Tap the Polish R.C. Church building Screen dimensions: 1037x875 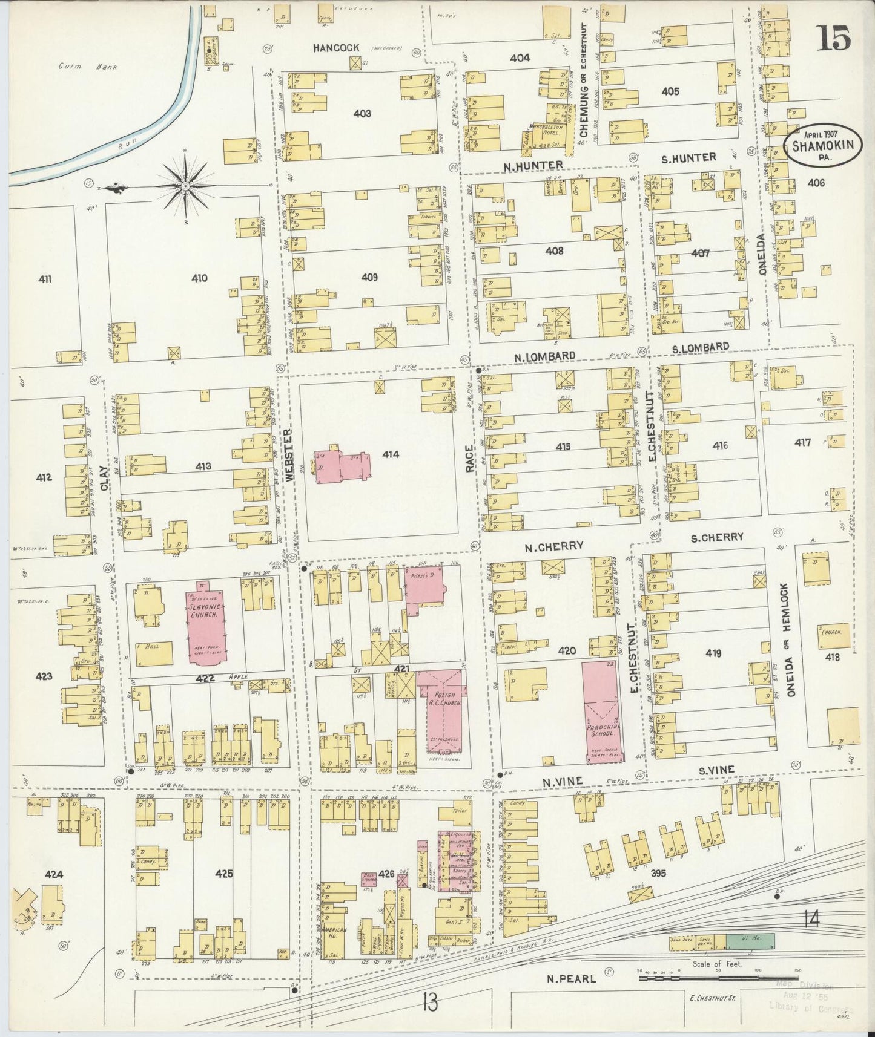point(446,709)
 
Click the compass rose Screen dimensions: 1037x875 point(184,186)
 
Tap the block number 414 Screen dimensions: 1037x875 point(391,454)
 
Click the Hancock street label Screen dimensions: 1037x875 point(337,47)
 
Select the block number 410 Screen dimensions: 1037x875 point(199,278)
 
